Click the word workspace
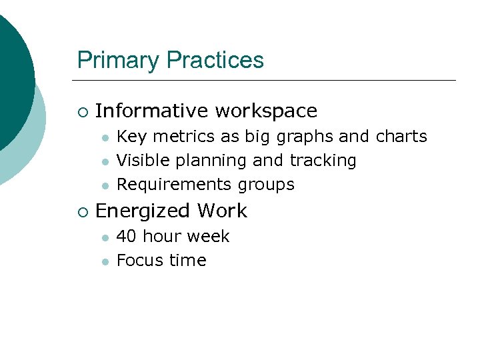(x=266, y=111)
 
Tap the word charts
(x=401, y=137)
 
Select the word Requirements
(x=173, y=185)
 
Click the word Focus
(x=137, y=261)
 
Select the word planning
(x=210, y=161)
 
